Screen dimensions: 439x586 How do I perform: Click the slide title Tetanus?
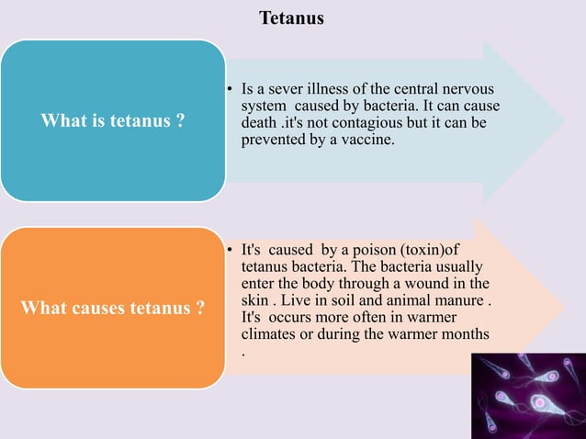(x=291, y=17)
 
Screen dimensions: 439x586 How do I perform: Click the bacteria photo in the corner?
(x=527, y=396)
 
